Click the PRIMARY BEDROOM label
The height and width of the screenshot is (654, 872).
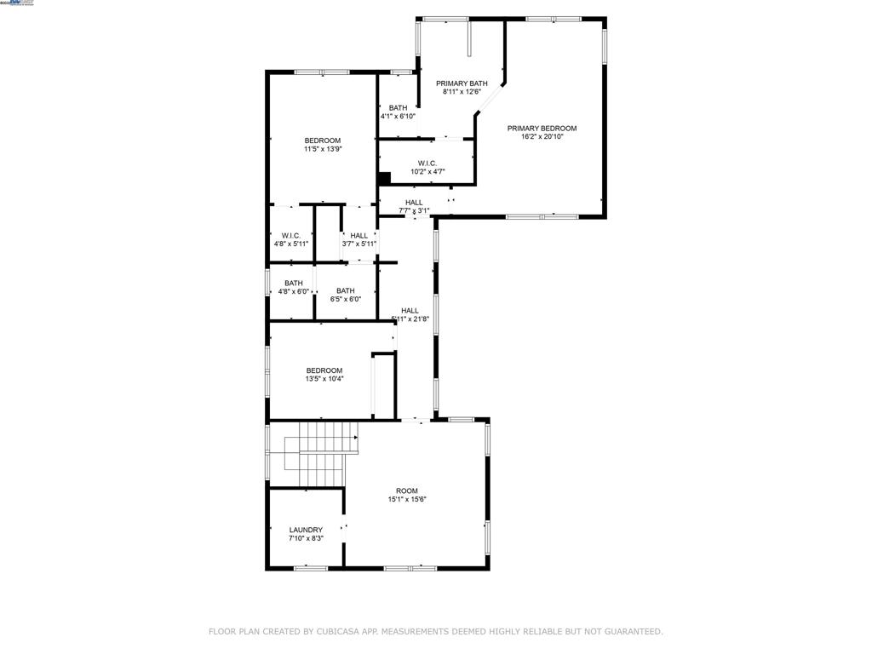tap(542, 129)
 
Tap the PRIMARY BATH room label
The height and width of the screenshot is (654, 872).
tap(462, 83)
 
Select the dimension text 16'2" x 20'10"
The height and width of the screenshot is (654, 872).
tap(542, 136)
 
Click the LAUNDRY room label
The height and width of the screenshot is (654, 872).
tap(306, 530)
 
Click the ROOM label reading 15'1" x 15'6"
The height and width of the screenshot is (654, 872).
tap(407, 490)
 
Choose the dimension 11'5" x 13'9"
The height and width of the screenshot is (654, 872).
tap(323, 149)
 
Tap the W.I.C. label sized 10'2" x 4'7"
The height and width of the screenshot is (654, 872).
tap(427, 163)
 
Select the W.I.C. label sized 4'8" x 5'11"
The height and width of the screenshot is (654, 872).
tap(291, 235)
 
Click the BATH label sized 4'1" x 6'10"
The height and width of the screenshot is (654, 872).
tap(398, 108)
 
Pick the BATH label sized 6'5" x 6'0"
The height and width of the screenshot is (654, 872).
tap(345, 290)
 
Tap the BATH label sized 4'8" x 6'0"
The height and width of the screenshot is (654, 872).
tap(294, 283)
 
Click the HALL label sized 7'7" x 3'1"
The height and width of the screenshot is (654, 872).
tap(414, 203)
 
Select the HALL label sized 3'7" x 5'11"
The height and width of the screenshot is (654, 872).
tap(359, 235)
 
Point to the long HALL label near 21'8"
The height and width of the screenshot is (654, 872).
tap(410, 311)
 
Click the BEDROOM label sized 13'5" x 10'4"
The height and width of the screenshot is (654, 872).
tap(324, 370)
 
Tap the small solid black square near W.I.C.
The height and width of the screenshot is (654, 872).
tap(384, 178)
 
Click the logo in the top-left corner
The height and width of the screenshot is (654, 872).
tap(17, 3)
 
